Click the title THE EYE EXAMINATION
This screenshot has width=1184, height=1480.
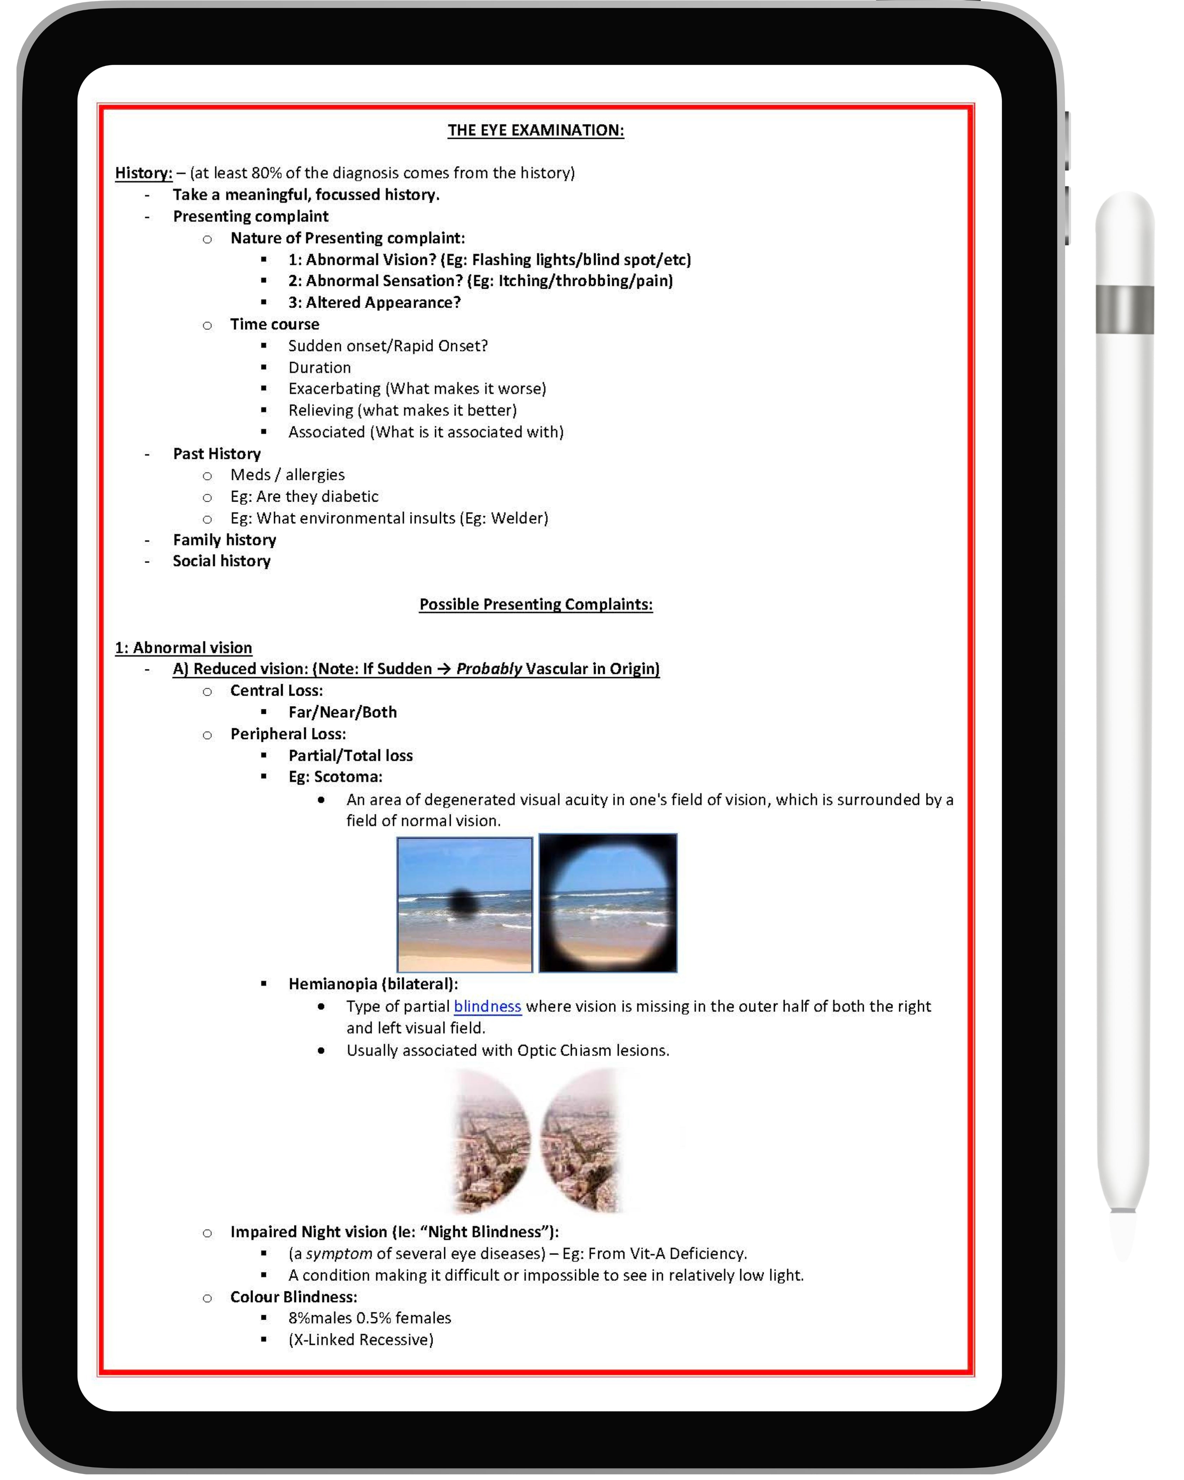coord(535,130)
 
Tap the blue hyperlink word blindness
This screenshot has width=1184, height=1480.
coord(487,1006)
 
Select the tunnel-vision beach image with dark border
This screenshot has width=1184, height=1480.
coord(608,903)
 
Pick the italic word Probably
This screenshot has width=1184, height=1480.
coord(489,669)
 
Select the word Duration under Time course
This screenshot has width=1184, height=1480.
coord(319,368)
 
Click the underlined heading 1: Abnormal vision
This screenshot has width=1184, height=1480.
coord(183,648)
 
